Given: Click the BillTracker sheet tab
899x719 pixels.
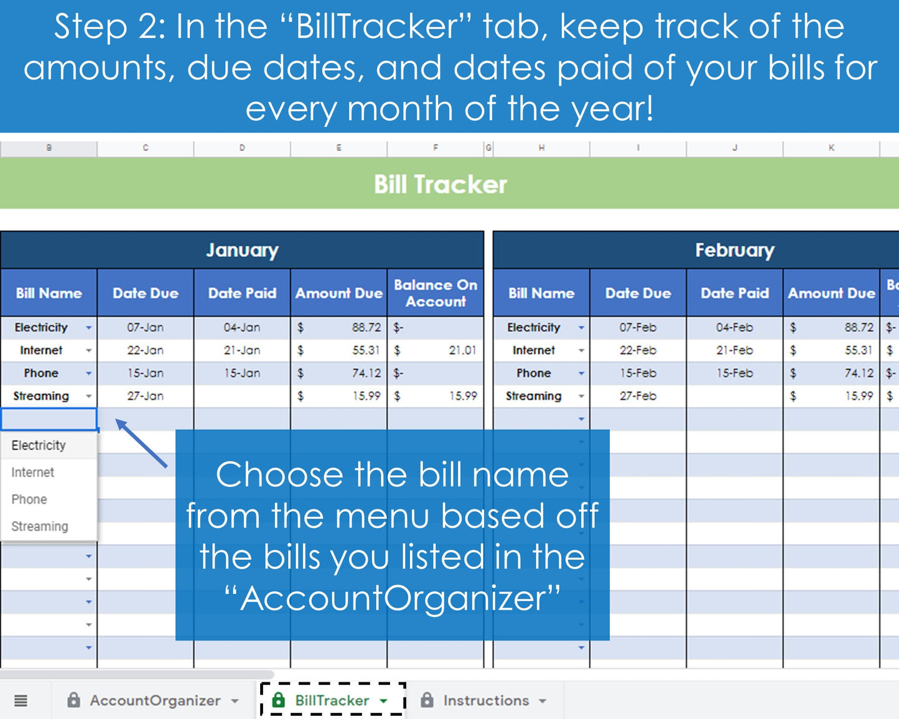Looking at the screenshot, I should pyautogui.click(x=332, y=700).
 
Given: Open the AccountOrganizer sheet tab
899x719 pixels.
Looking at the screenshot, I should pyautogui.click(x=155, y=700).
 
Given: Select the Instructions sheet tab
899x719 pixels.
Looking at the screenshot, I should pyautogui.click(x=485, y=700).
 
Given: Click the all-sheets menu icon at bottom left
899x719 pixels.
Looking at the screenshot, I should pyautogui.click(x=21, y=701).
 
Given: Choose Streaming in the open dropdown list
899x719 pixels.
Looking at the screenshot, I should pyautogui.click(x=40, y=526).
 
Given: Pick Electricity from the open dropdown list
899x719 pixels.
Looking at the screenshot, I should pyautogui.click(x=39, y=445).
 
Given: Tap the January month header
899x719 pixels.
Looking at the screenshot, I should pyautogui.click(x=242, y=250).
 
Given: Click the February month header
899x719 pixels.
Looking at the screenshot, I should pyautogui.click(x=734, y=250).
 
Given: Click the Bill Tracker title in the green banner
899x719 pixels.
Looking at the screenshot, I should pyautogui.click(x=440, y=185).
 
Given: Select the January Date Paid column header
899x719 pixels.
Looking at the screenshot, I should pyautogui.click(x=242, y=293).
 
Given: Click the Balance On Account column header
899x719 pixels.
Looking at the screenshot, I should pyautogui.click(x=436, y=293).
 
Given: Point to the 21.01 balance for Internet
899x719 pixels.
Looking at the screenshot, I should pyautogui.click(x=462, y=350).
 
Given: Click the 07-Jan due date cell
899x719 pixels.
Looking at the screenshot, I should pyautogui.click(x=145, y=327).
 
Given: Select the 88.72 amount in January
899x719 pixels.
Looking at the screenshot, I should pyautogui.click(x=366, y=327).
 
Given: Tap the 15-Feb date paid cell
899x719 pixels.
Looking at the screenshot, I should pyautogui.click(x=734, y=373).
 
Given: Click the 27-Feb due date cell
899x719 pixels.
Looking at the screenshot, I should pyautogui.click(x=638, y=396).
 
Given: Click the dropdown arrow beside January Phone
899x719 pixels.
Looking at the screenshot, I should pyautogui.click(x=89, y=373).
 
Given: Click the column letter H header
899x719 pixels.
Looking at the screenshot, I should pyautogui.click(x=541, y=148).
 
